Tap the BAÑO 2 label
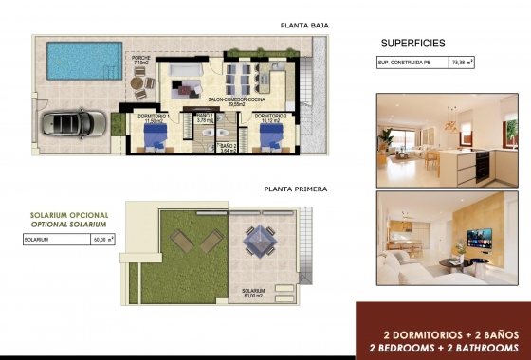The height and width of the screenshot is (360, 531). [x=228, y=148]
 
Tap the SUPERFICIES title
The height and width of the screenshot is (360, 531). [x=413, y=44]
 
